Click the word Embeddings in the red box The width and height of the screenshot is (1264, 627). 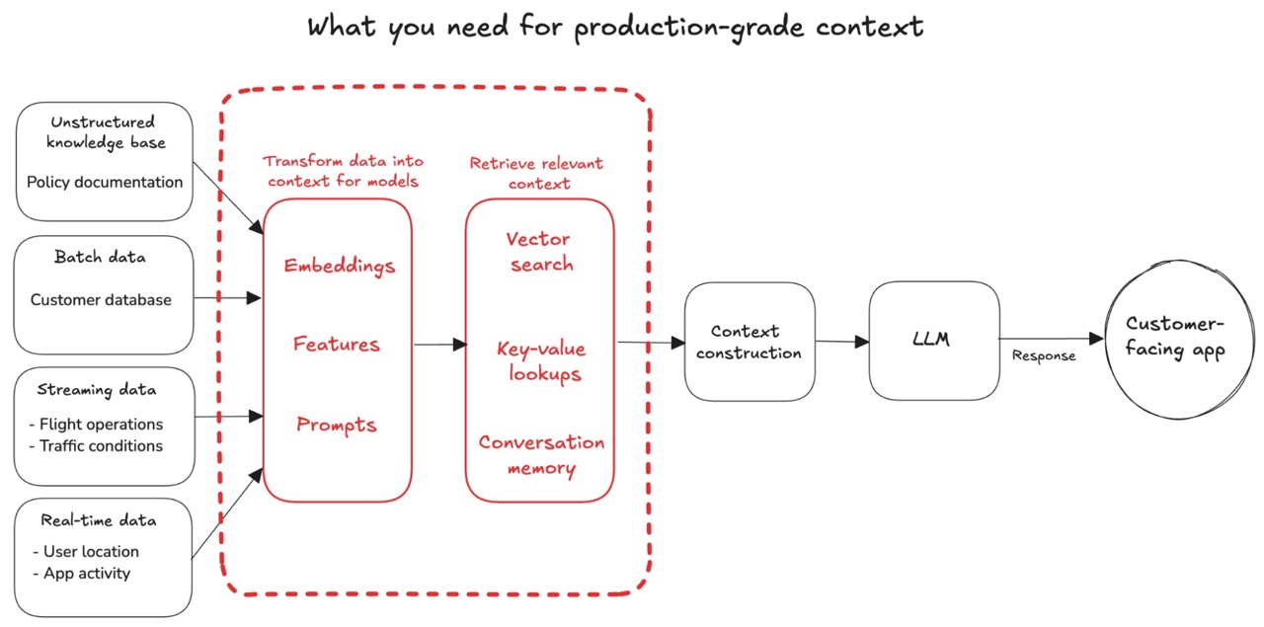point(339,266)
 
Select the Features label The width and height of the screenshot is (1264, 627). point(337,344)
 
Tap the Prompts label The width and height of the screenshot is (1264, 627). point(337,425)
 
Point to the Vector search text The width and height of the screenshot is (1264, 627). point(540,252)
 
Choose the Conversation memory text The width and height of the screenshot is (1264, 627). point(542,455)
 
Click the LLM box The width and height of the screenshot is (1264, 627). point(934,341)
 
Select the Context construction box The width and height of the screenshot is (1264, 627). point(750,342)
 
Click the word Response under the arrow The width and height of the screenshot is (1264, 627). point(1044,356)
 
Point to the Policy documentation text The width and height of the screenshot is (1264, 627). point(105,183)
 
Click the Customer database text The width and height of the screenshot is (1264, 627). point(101,299)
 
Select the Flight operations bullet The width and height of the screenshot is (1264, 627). point(96,425)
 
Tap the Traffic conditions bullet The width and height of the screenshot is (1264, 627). point(96,446)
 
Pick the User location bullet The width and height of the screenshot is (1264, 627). point(86,551)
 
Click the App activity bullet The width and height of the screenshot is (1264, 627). point(82,574)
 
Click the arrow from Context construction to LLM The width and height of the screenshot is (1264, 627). point(842,342)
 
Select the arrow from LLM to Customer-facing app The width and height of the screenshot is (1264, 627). point(1052,339)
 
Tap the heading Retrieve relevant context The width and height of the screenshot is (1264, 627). point(536,173)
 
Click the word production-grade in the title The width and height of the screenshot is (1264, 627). point(689,27)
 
